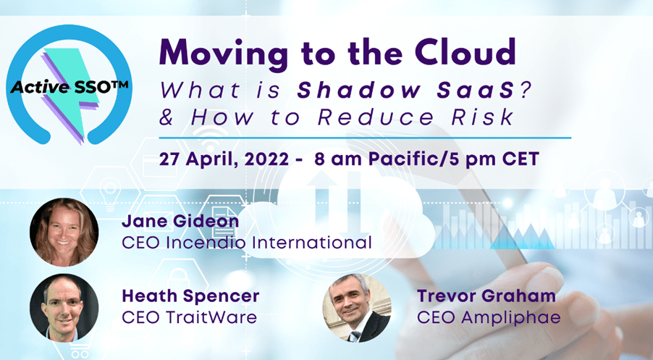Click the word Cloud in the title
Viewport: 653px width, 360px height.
click(465, 52)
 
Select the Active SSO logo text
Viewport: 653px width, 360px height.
click(69, 86)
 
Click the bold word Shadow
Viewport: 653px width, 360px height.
click(359, 90)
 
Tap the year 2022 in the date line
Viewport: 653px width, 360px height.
click(266, 159)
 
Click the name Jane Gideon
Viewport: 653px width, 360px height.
click(180, 221)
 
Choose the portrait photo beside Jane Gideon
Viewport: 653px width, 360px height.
click(64, 232)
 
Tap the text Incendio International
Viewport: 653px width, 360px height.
click(269, 242)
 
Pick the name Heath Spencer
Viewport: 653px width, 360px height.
click(190, 296)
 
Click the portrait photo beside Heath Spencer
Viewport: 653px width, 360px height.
click(64, 308)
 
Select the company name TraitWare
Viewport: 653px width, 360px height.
click(211, 317)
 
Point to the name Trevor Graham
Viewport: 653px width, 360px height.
click(486, 296)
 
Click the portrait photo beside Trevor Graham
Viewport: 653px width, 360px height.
click(357, 308)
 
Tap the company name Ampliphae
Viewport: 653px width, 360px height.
click(511, 318)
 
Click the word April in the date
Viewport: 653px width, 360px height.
click(211, 159)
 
